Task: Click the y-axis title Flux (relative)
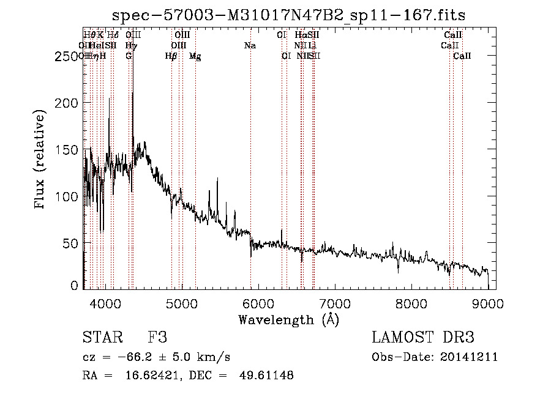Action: [x=40, y=160]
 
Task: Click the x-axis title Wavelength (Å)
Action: [x=288, y=319]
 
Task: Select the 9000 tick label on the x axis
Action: [x=488, y=302]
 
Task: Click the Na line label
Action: [x=250, y=45]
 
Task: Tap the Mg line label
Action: [x=195, y=56]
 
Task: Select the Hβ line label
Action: [x=171, y=56]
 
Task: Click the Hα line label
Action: [x=300, y=35]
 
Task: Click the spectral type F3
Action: [x=157, y=338]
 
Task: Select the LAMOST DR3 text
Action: [x=423, y=338]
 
